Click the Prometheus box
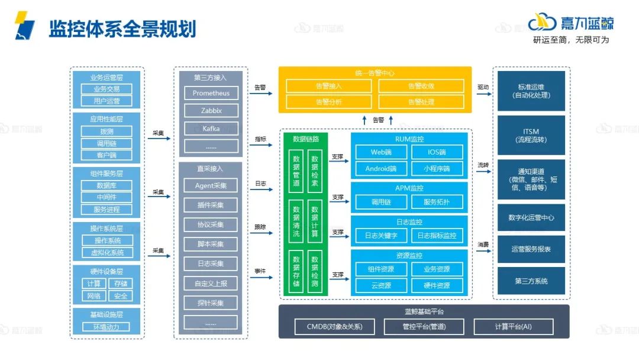pos(211,93)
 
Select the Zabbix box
pos(211,111)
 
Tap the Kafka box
pos(211,128)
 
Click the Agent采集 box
pos(211,186)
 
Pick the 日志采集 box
pos(211,264)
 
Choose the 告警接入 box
pos(329,86)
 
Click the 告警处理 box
pos(421,102)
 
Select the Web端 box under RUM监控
pos(381,152)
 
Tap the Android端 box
pos(381,169)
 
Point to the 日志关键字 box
pos(381,236)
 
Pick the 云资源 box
pos(381,285)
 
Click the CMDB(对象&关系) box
pos(334,326)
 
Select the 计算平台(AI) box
pos(514,326)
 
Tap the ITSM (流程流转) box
pos(531,136)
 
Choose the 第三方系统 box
pos(531,281)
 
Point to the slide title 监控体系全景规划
pos(122,28)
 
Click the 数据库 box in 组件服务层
pos(106,185)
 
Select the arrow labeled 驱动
pos(484,93)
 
